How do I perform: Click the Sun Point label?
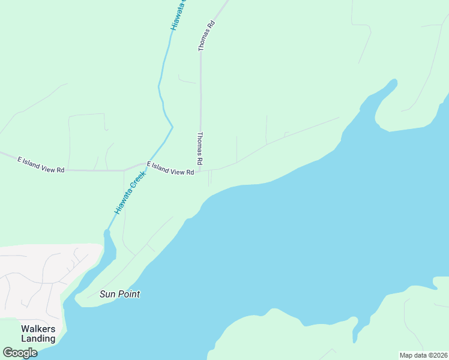[120, 294]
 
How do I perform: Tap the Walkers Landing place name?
[38, 334]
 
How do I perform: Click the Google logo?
[20, 353]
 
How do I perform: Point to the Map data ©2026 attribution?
[423, 355]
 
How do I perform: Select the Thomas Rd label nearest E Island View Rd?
[200, 149]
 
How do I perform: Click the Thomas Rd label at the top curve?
[206, 35]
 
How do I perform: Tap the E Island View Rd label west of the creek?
[41, 165]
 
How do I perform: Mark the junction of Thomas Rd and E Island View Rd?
[200, 171]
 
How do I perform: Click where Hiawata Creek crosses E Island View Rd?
[145, 163]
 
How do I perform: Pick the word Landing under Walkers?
[38, 338]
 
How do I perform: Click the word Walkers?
[38, 329]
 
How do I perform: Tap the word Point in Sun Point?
[129, 294]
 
